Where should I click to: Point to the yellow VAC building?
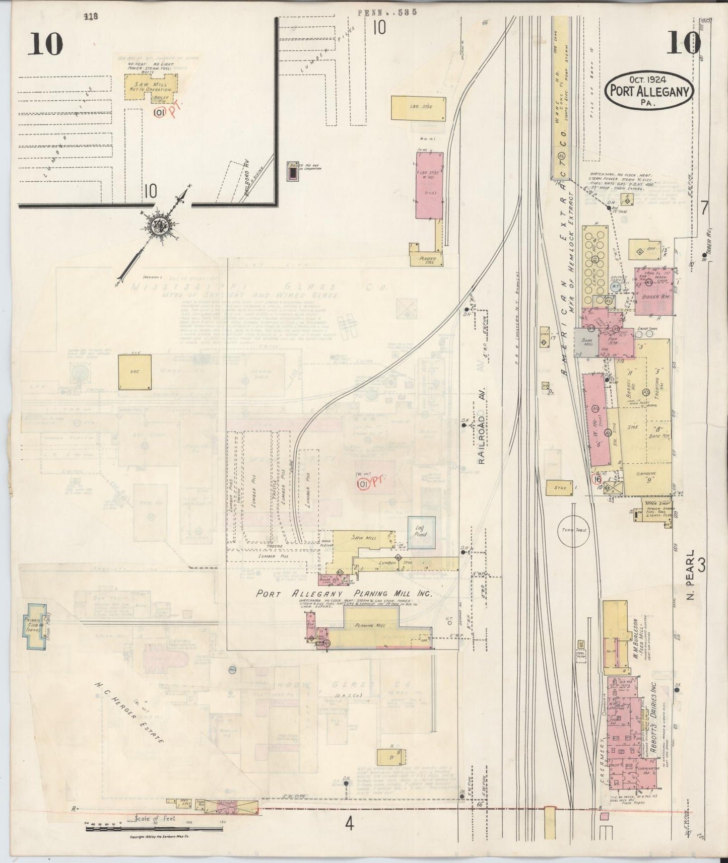click(135, 372)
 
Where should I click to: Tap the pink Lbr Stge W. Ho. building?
click(429, 186)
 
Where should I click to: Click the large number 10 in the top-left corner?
click(45, 44)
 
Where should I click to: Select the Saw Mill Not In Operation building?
click(150, 86)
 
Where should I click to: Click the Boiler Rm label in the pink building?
click(654, 297)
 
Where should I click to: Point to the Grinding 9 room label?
click(646, 476)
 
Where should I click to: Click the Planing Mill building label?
click(371, 625)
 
